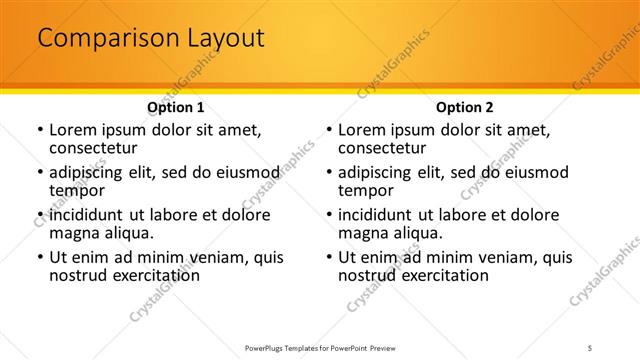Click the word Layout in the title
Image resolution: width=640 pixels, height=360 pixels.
pos(227,39)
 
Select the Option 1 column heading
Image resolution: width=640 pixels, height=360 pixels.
pos(176,107)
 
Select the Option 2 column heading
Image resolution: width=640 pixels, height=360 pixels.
pos(465,107)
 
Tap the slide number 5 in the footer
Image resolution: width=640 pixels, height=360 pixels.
pos(590,347)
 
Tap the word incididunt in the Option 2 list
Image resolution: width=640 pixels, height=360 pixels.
pos(378,215)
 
